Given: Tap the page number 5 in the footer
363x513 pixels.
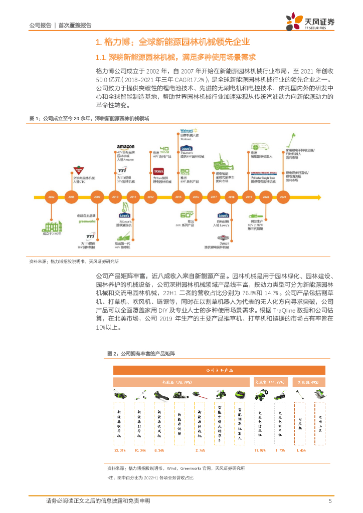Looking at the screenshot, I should pos(329,500).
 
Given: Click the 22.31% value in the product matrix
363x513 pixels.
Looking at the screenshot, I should pos(120,450).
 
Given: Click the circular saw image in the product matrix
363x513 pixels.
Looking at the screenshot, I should pos(320,395).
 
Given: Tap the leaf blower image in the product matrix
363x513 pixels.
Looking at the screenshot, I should pos(160,395).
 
